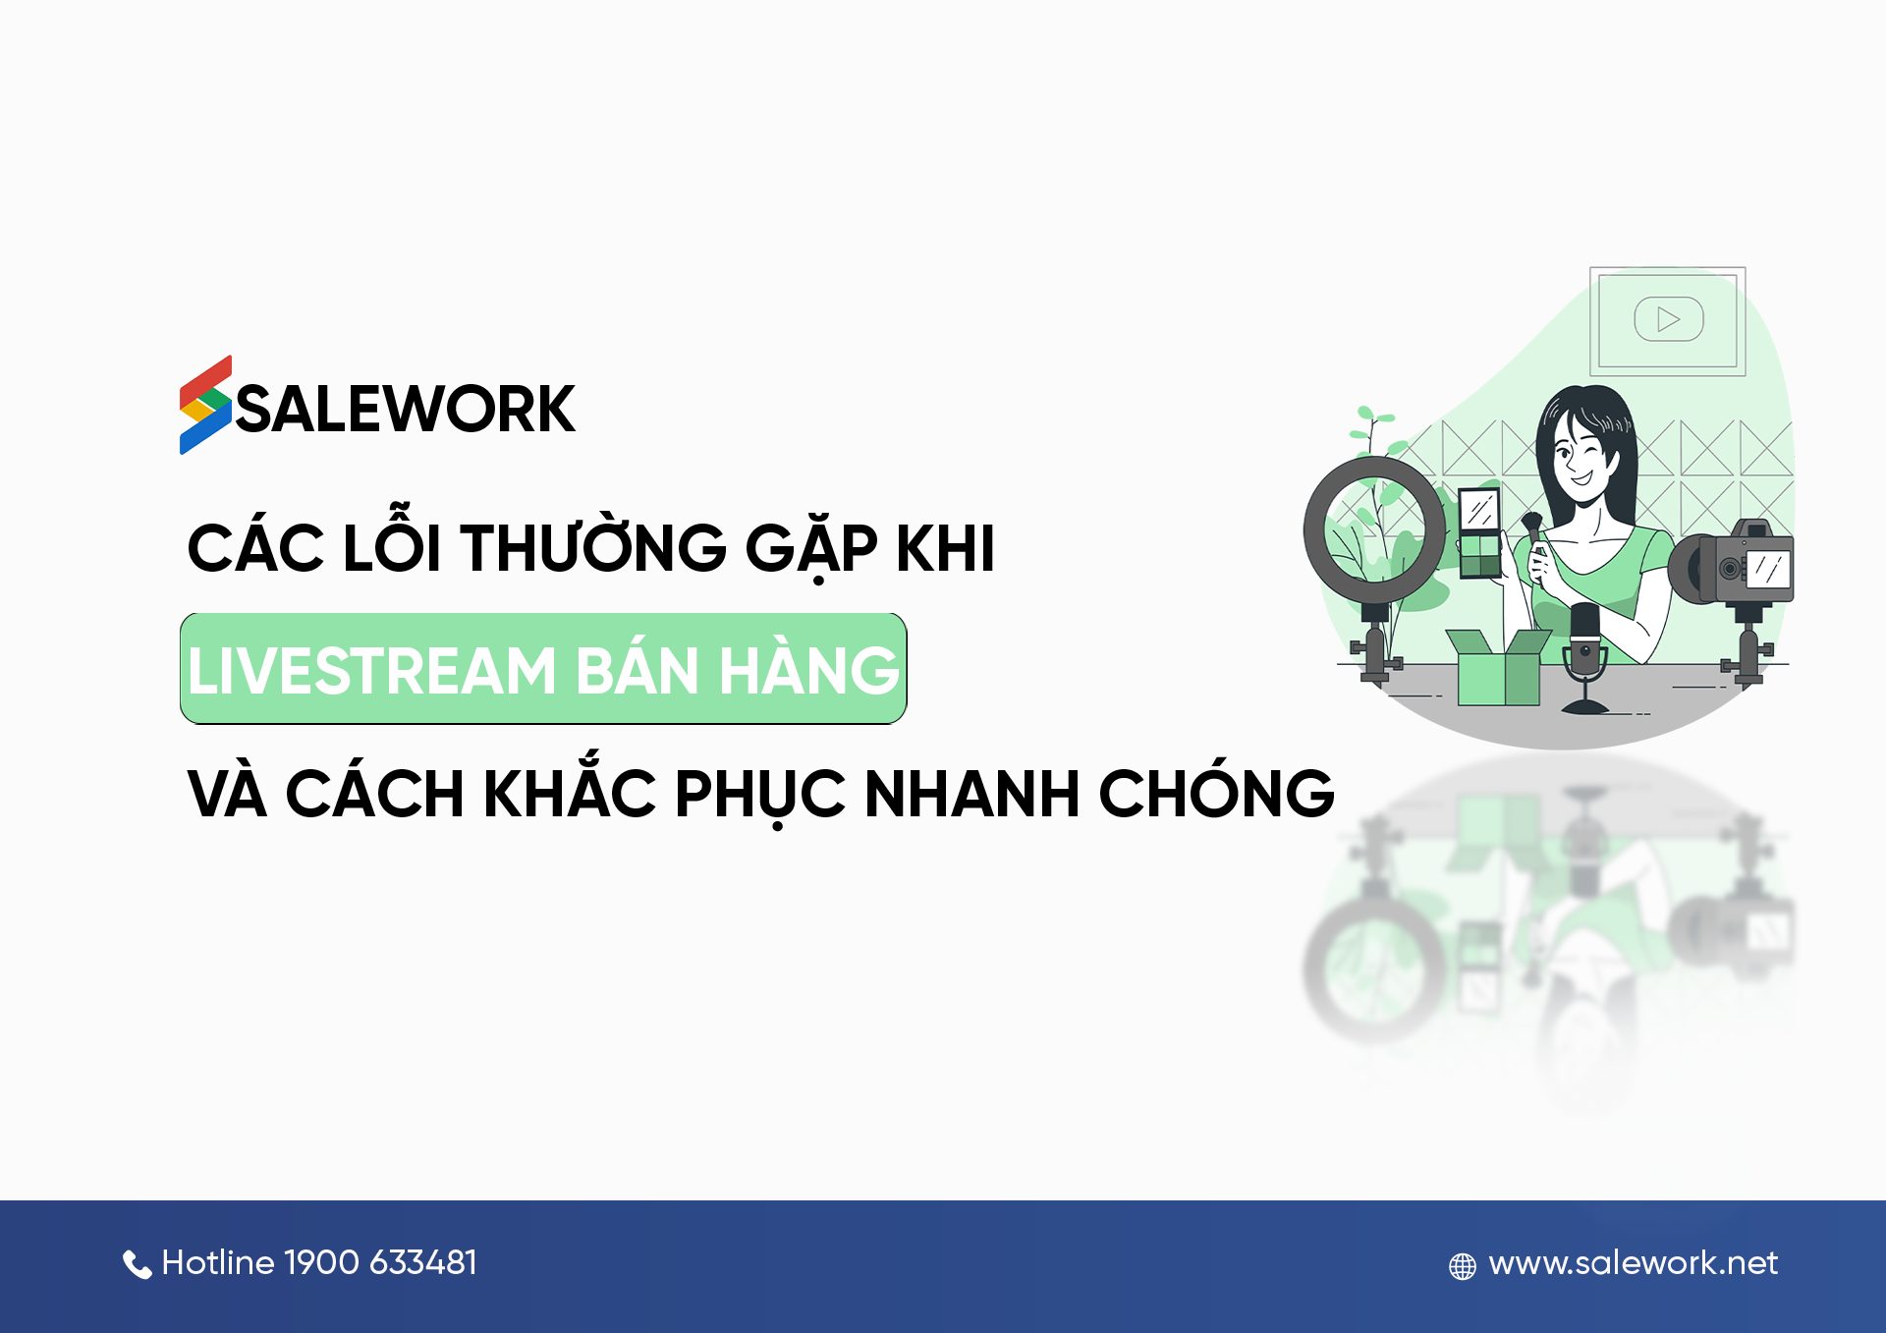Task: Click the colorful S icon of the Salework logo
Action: [205, 405]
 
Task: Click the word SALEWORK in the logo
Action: [405, 409]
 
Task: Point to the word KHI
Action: [945, 547]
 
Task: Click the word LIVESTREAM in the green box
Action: [372, 671]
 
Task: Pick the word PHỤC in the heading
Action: [759, 794]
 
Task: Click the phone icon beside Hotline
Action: [137, 1264]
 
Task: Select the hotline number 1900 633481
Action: [380, 1262]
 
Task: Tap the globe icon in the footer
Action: [1462, 1266]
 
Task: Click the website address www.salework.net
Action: [1633, 1262]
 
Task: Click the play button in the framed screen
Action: [1668, 319]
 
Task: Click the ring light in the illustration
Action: [1374, 530]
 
